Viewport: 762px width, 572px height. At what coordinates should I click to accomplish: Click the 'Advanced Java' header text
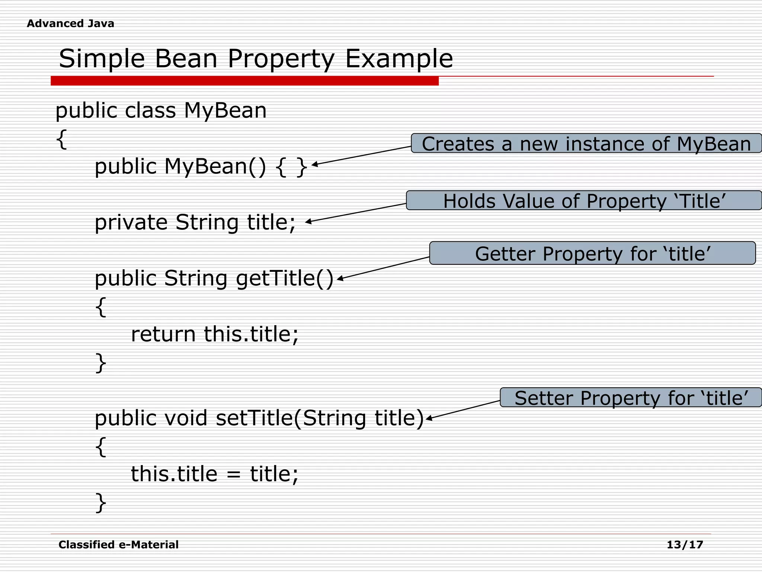70,23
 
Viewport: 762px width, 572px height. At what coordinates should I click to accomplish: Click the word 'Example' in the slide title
399,59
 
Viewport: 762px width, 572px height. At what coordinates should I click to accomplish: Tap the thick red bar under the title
244,81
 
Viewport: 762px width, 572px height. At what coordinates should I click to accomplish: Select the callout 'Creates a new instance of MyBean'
586,143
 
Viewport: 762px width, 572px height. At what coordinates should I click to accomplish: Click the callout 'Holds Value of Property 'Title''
584,201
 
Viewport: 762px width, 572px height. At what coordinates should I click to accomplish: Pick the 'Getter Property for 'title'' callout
592,253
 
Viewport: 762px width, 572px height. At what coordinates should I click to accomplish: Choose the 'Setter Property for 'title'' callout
631,398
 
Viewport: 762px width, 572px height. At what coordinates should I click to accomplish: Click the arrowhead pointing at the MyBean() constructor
314,164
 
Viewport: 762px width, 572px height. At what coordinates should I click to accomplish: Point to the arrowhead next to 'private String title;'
308,222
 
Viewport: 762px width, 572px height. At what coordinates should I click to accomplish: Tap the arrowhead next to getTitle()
340,279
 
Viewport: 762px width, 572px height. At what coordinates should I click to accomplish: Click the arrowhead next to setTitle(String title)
429,419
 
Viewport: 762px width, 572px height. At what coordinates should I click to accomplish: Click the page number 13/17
685,545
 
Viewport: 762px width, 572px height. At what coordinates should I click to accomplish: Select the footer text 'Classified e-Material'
118,545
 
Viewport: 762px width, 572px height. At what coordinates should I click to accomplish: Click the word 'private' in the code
131,223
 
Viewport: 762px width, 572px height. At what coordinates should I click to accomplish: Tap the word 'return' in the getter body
163,334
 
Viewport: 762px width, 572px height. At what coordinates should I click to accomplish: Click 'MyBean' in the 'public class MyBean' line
225,111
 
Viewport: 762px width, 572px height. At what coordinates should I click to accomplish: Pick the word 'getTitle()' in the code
285,279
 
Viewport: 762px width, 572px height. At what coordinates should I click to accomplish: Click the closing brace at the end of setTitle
101,503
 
